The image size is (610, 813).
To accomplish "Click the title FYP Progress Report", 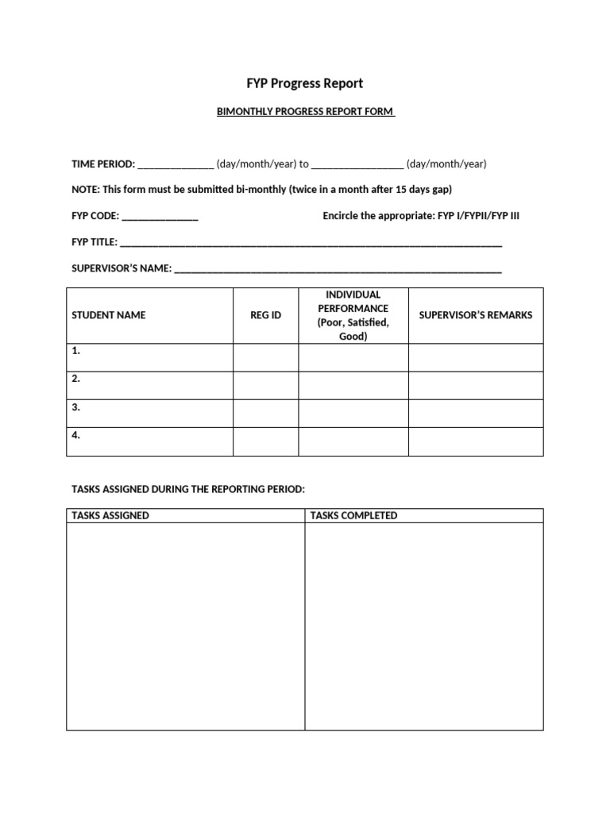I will click(x=305, y=83).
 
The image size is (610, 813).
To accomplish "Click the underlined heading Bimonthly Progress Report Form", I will click(x=305, y=112).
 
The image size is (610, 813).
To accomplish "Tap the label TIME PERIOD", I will click(x=103, y=164).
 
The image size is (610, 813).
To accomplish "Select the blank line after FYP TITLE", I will click(x=311, y=243).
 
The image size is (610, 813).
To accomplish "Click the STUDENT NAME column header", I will click(x=109, y=315).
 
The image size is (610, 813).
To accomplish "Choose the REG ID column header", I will click(x=265, y=315).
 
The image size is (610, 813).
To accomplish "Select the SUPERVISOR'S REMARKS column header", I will click(x=476, y=315).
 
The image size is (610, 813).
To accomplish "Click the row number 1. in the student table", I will click(x=76, y=351).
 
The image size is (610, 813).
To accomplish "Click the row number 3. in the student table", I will click(x=76, y=407).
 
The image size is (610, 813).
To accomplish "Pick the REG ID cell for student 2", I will click(x=265, y=385).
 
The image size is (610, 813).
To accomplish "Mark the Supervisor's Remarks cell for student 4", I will click(x=476, y=441).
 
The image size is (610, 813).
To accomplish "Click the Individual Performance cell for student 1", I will click(x=353, y=357).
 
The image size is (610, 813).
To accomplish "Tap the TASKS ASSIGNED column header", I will click(x=110, y=516).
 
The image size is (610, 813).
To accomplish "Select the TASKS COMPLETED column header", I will click(x=354, y=516).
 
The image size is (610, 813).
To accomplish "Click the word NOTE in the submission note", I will click(x=85, y=190).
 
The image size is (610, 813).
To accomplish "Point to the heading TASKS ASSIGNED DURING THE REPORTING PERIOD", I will click(x=188, y=489).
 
